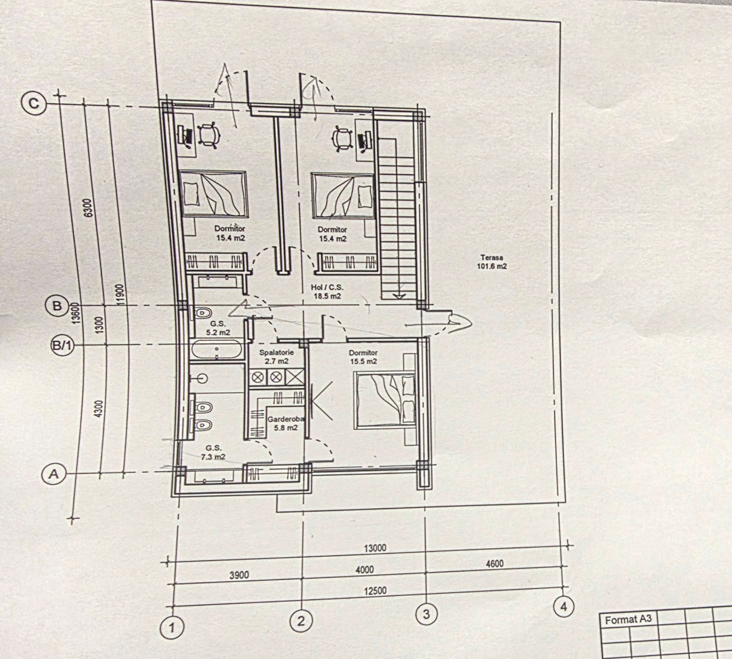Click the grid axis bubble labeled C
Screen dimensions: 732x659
pos(34,103)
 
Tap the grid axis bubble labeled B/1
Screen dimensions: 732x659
pos(62,345)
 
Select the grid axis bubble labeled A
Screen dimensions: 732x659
pos(53,474)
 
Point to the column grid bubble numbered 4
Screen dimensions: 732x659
pos(564,607)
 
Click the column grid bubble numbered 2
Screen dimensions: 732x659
pos(301,621)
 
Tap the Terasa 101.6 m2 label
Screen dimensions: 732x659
pos(492,262)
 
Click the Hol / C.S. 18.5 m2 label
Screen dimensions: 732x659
pos(327,291)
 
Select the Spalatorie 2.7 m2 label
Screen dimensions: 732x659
pos(277,357)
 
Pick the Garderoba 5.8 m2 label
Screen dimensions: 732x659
pos(286,424)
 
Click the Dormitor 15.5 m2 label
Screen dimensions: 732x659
pos(363,357)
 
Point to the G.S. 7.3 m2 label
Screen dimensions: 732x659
pos(213,453)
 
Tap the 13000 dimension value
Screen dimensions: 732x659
pos(375,548)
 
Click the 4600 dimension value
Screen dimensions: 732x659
pos(495,564)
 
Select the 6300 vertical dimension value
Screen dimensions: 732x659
pos(89,208)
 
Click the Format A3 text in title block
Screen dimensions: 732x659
pos(628,620)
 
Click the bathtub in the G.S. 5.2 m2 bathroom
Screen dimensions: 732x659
pos(216,349)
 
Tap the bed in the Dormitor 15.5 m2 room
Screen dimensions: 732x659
pos(386,400)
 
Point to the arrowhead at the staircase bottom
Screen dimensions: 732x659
pos(399,295)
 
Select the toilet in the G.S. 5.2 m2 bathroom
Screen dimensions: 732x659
pos(202,313)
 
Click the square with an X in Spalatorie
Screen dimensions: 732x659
pos(295,377)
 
